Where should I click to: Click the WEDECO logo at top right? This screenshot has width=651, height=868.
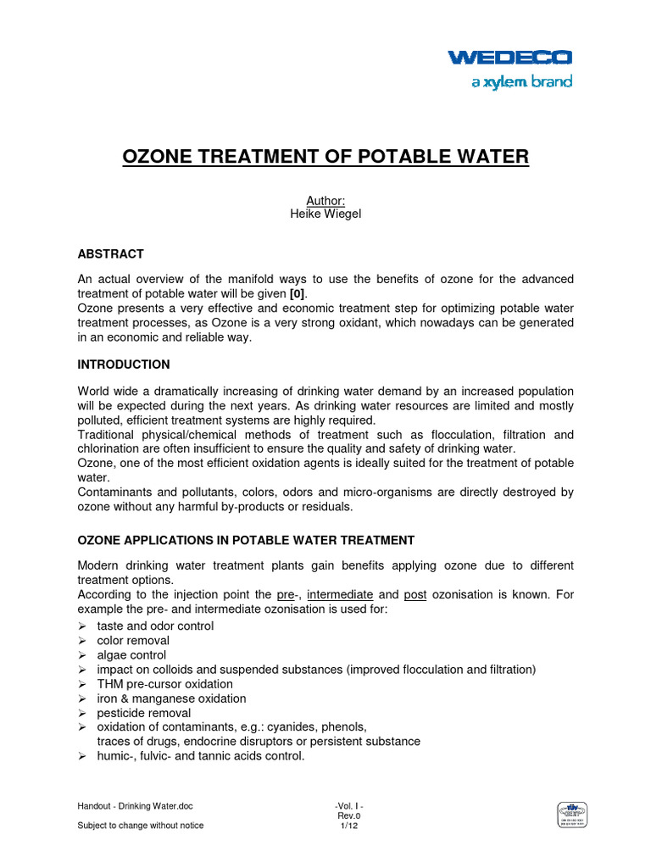point(510,58)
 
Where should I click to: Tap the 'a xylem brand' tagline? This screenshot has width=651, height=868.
point(519,82)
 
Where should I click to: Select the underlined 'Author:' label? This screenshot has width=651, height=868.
point(325,200)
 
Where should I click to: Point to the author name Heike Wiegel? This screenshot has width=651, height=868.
point(325,214)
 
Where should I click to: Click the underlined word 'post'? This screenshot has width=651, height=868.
point(415,595)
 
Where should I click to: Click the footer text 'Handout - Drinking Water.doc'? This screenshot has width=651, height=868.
point(141,806)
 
